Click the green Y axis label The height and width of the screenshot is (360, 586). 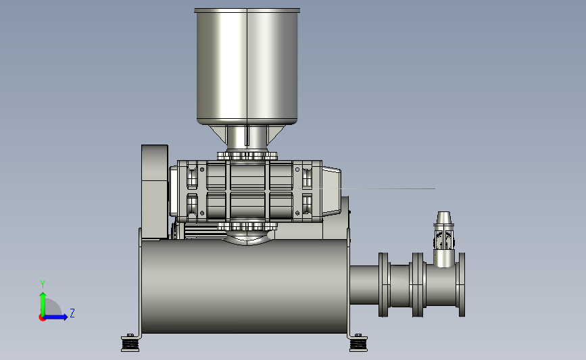[x=43, y=284]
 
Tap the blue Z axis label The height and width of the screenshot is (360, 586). [x=72, y=313]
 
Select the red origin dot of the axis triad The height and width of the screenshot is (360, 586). [x=42, y=318]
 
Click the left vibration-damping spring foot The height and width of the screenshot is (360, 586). [x=130, y=343]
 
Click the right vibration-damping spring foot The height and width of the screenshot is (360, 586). [x=358, y=343]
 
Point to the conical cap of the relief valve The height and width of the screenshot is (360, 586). [x=443, y=218]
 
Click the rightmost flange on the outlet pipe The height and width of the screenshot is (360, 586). [x=462, y=284]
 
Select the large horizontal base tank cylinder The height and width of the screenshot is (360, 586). [x=245, y=286]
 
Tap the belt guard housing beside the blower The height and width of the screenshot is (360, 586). [x=155, y=192]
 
